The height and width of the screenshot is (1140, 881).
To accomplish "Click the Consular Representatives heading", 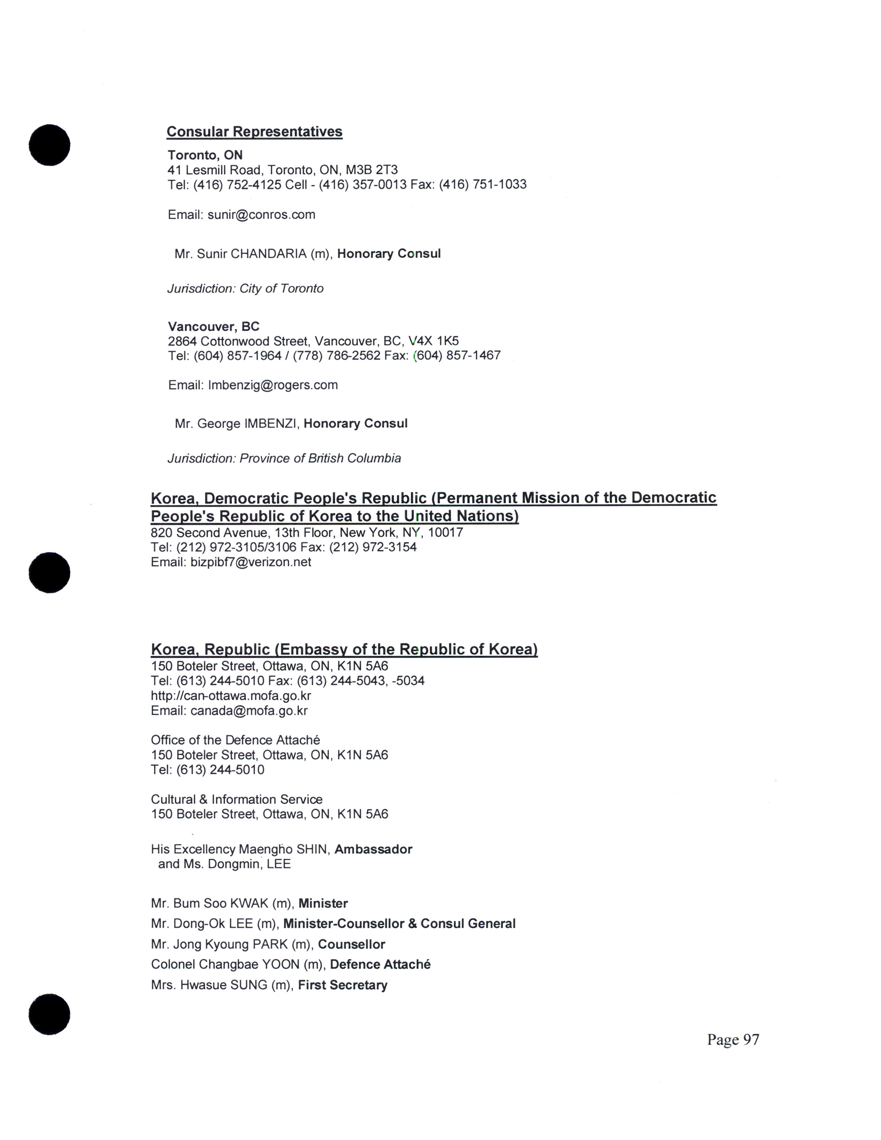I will (x=254, y=132).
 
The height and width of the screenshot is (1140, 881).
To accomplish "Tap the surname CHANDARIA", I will (x=268, y=254).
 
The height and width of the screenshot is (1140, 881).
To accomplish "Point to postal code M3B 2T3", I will (x=372, y=170).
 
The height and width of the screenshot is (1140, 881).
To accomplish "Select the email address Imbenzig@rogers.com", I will (x=273, y=385).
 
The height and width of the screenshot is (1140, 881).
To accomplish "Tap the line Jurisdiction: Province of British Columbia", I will (x=284, y=458).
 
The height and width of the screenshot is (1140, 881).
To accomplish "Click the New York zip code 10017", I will (x=445, y=532).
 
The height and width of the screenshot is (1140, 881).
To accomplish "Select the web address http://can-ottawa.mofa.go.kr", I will (x=231, y=695).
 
